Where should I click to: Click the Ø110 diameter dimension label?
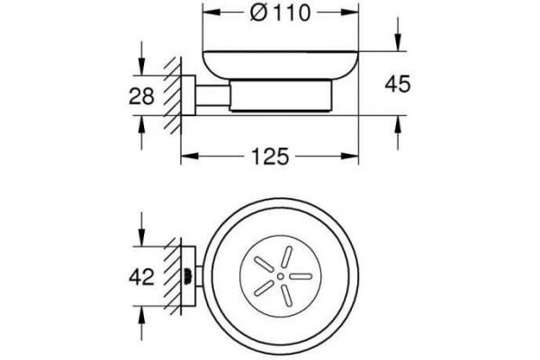tap(281, 13)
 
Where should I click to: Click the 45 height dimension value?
tap(398, 84)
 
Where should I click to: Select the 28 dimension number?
tap(141, 96)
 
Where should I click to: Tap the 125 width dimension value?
tap(270, 157)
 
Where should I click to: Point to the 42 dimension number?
tap(141, 276)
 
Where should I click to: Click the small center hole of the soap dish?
tap(281, 276)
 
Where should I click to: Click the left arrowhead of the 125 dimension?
tap(190, 156)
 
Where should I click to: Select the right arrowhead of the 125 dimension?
tap(350, 156)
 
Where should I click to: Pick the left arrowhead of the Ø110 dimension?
tap(211, 13)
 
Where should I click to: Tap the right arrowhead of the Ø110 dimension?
tap(350, 13)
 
